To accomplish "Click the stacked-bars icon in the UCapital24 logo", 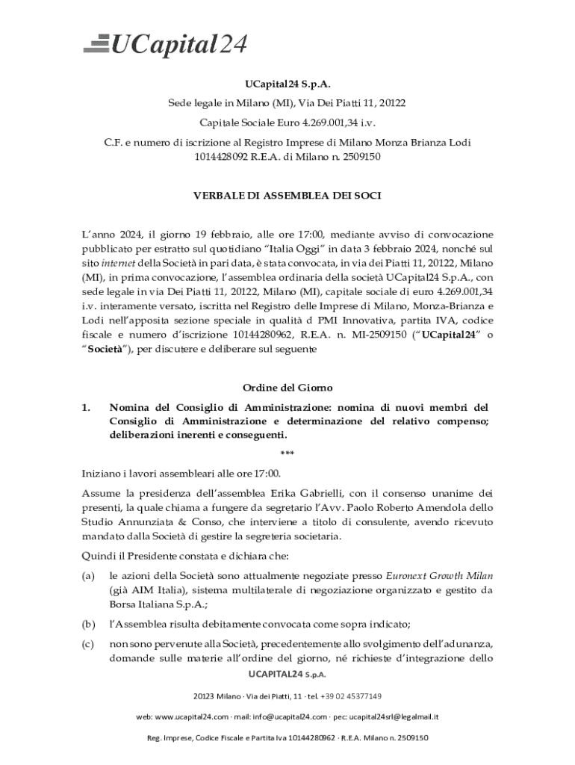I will (x=96, y=44).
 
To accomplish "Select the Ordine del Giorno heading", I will (x=287, y=388).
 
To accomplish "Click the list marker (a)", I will (x=88, y=576).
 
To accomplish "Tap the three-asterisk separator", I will (x=287, y=454).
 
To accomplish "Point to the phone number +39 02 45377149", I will (x=351, y=696).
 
